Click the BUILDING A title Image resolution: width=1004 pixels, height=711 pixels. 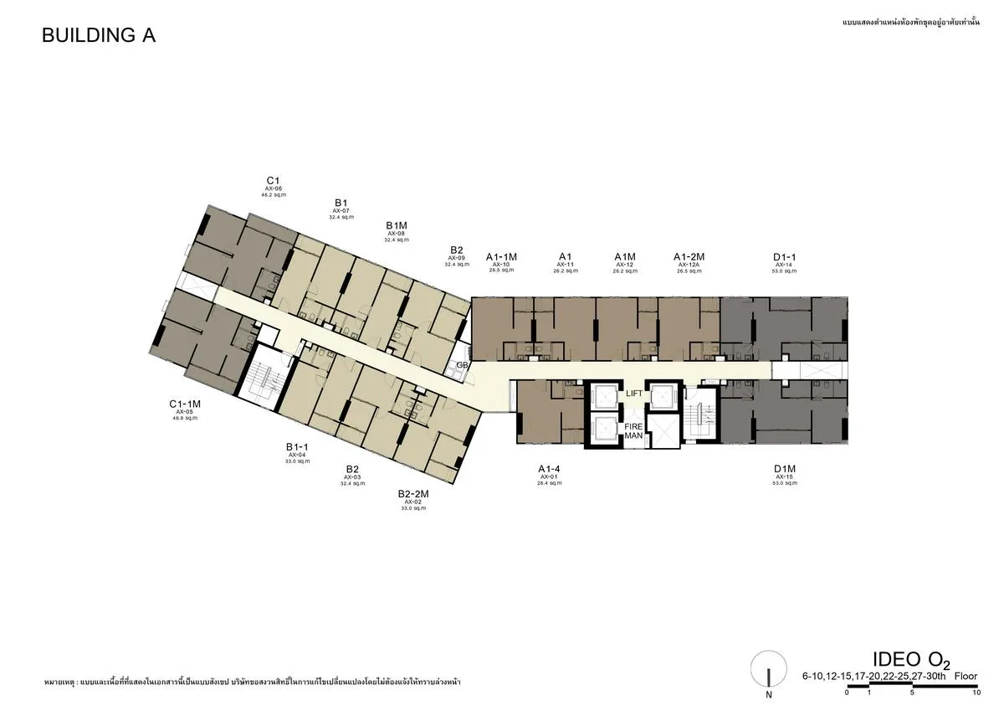tap(99, 35)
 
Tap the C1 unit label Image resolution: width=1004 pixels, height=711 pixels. tap(273, 181)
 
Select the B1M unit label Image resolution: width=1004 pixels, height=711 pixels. tap(396, 226)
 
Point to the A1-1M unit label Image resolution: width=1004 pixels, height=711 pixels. tap(502, 257)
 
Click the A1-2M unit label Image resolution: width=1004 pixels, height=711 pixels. tap(689, 257)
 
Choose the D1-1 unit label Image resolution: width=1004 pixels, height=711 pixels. tap(784, 257)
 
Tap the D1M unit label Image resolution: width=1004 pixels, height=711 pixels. tap(784, 469)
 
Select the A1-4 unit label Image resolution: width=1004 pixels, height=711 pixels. tap(549, 469)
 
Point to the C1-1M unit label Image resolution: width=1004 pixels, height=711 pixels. tap(185, 404)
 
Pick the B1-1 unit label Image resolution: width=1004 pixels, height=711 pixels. tap(297, 447)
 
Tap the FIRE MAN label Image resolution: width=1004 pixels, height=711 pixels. tap(633, 431)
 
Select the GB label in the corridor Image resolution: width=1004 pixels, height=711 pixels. tap(461, 365)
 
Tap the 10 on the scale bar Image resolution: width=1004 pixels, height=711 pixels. tap(976, 693)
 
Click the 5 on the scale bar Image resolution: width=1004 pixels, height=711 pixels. tap(911, 693)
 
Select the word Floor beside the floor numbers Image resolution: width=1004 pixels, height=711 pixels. tap(966, 675)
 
